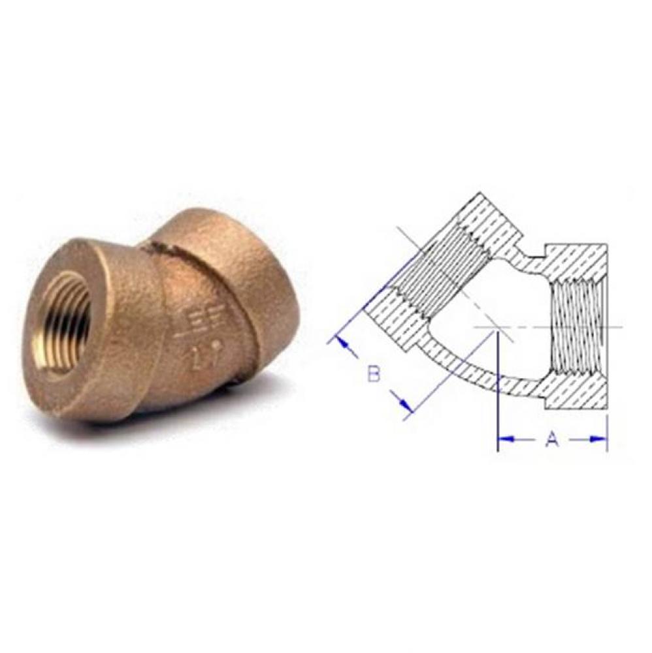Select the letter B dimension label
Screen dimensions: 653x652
(x=373, y=374)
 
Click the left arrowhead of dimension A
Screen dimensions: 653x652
(x=504, y=439)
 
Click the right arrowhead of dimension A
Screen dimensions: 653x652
(x=600, y=439)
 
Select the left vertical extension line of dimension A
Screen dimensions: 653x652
(x=498, y=392)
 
